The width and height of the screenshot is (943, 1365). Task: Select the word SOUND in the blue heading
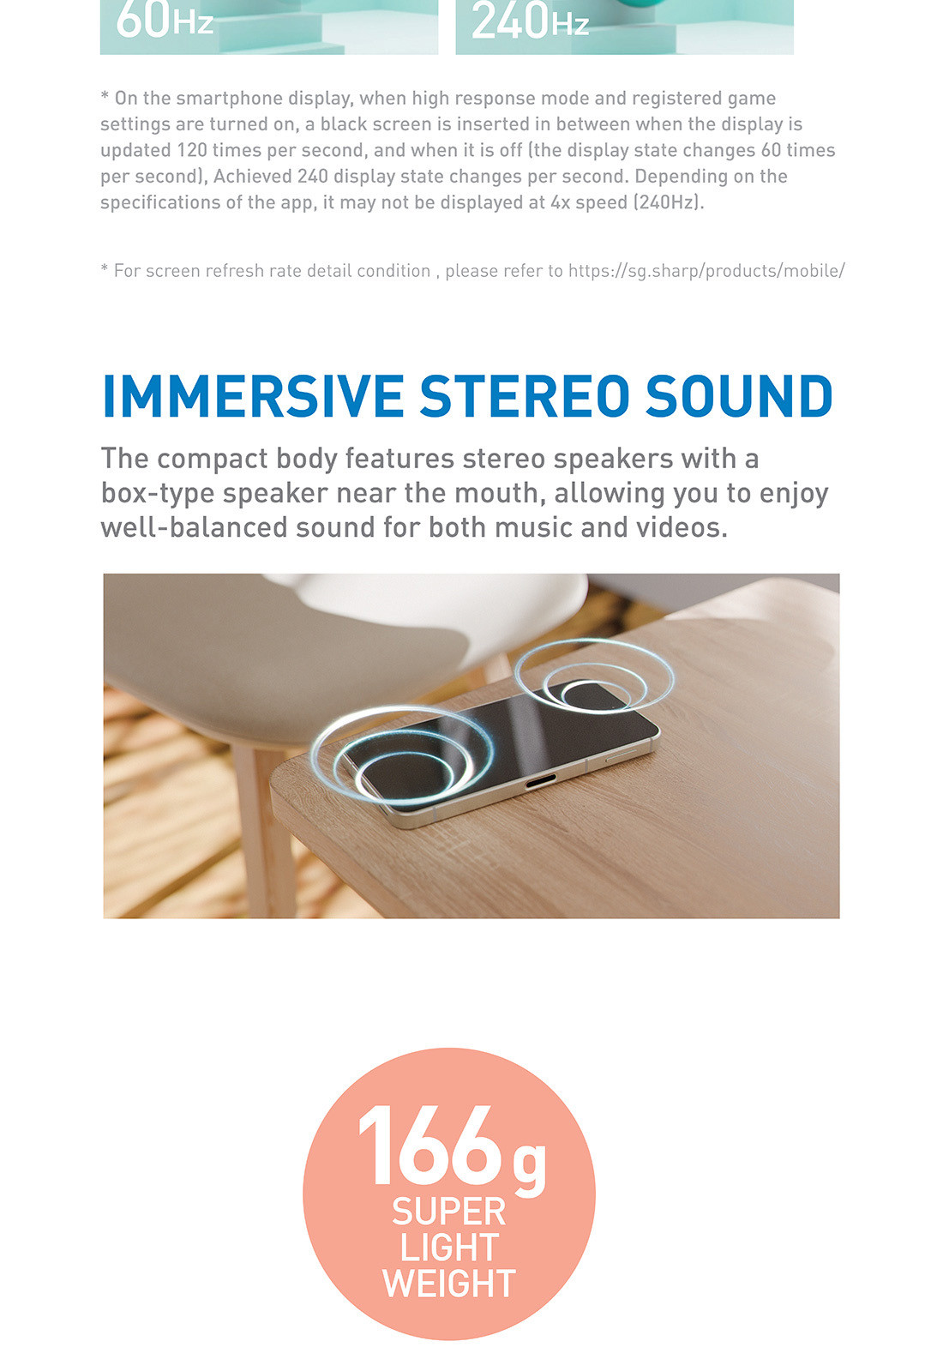(739, 396)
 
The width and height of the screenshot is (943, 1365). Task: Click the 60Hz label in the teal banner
(165, 21)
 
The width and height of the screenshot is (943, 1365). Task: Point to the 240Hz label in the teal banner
(530, 21)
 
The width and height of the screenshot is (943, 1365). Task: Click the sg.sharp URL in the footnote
(706, 271)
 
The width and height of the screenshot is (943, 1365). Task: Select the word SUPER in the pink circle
(449, 1212)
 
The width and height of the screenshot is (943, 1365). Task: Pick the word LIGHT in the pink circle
(449, 1248)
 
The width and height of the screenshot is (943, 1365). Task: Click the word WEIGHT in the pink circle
(449, 1284)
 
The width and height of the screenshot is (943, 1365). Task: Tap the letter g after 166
(529, 1164)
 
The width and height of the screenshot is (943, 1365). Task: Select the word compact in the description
(212, 460)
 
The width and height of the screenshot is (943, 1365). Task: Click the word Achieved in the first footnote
(252, 177)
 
